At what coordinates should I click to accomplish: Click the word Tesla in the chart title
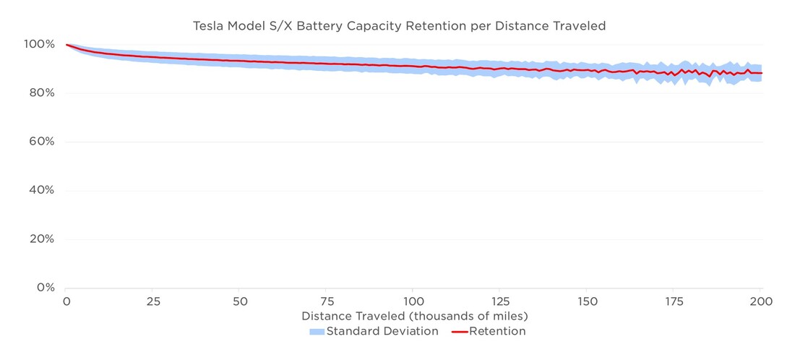(209, 26)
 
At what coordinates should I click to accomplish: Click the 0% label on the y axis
(45, 287)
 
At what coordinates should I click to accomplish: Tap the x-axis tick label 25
(153, 301)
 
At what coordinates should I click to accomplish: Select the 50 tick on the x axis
(240, 301)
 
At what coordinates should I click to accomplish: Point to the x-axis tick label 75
(327, 301)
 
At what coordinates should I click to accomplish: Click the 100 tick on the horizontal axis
(413, 301)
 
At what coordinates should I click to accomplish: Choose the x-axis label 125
(500, 301)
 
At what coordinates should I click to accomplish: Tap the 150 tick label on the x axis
(587, 301)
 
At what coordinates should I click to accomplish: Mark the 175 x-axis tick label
(674, 301)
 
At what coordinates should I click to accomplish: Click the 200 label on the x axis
(760, 301)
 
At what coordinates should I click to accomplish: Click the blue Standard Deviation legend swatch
(317, 332)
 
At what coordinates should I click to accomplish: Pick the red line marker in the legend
(460, 332)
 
